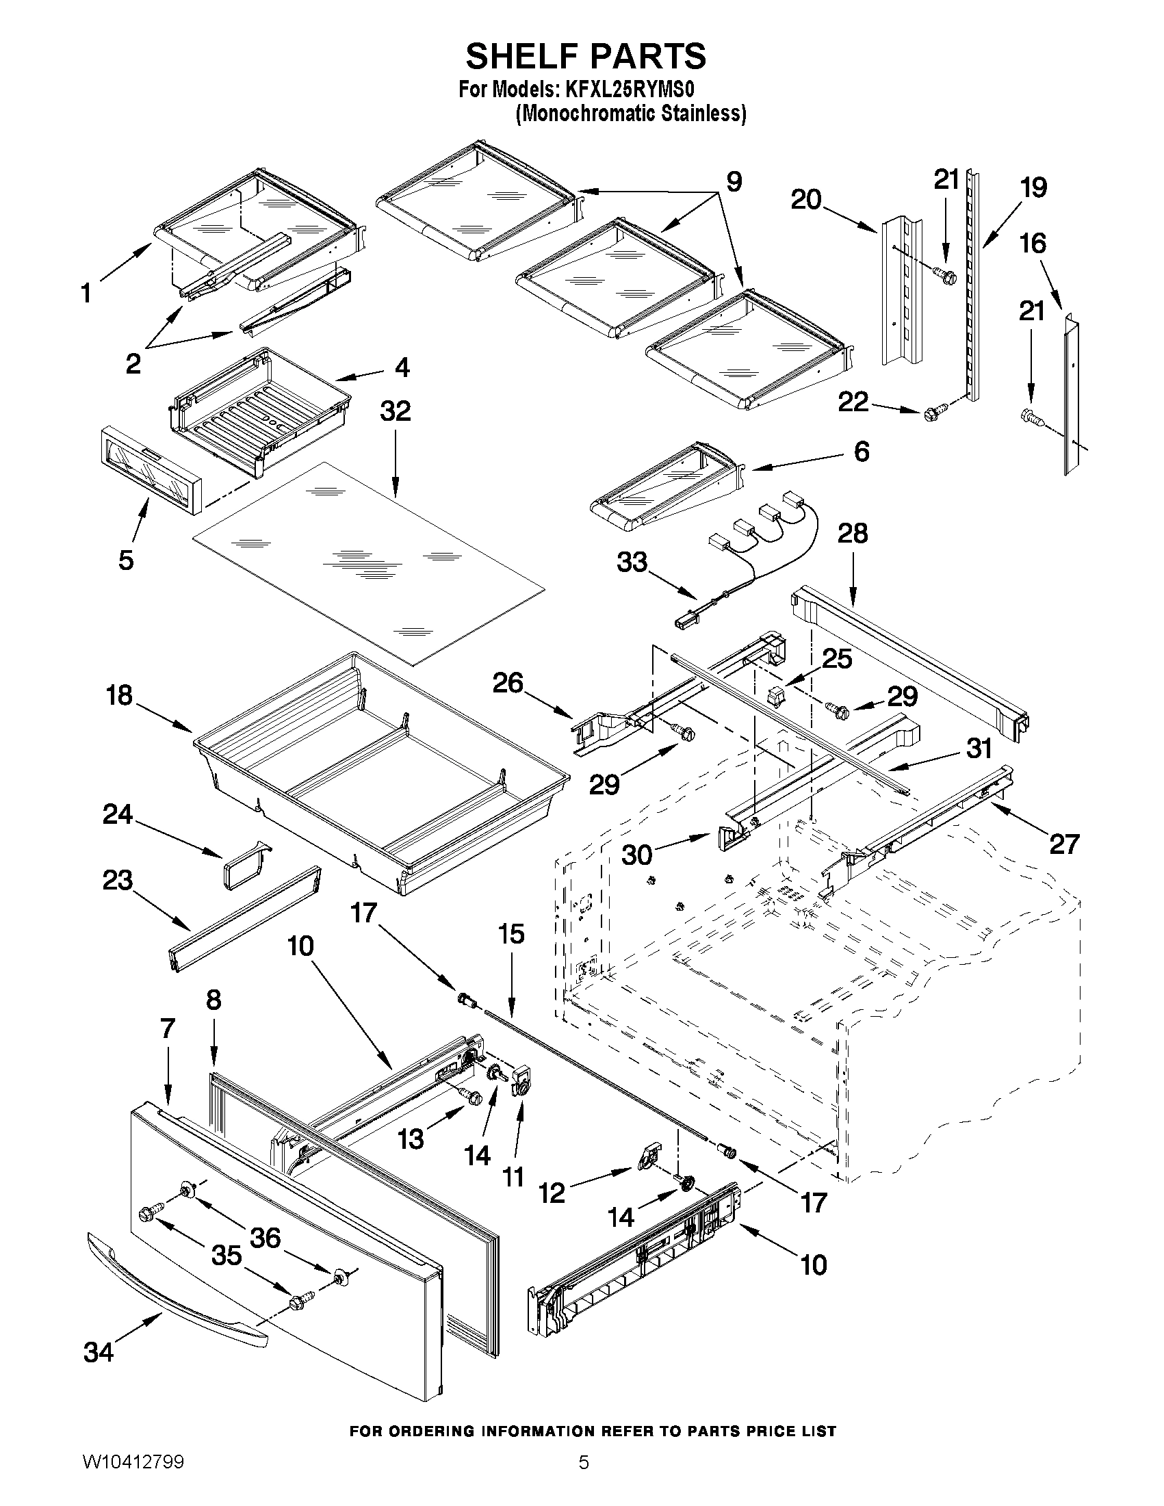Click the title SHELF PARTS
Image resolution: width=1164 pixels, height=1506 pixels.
click(586, 56)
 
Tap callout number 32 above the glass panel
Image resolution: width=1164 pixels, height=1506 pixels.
click(395, 412)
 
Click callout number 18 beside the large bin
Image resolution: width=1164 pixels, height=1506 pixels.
click(119, 696)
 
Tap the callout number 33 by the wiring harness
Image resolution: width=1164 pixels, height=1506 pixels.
click(632, 562)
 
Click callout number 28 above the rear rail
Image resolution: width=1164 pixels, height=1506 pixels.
click(853, 533)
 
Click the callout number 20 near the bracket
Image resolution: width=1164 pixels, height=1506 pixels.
click(806, 200)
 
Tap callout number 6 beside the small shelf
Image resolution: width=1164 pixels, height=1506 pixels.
click(862, 452)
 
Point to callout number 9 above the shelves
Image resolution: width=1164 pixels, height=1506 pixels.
click(734, 182)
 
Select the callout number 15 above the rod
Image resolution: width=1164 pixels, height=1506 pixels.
click(511, 935)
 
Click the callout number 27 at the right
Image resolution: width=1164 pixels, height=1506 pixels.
click(1063, 844)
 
